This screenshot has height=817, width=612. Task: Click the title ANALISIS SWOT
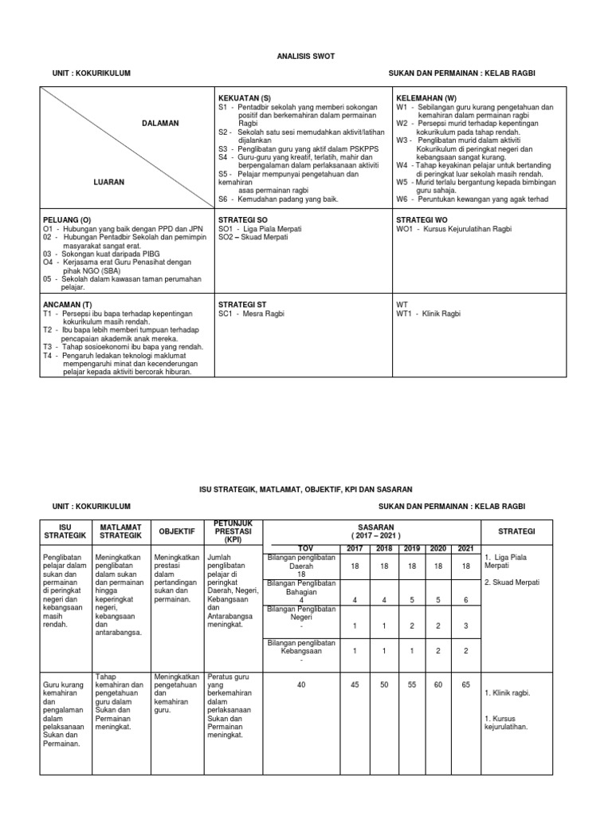(306, 57)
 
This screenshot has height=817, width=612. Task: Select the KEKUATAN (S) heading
(245, 97)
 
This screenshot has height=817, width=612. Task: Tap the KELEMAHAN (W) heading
(426, 97)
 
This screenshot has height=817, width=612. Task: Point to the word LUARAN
(108, 182)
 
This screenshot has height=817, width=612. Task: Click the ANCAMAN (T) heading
(68, 304)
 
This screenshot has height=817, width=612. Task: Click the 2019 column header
(411, 548)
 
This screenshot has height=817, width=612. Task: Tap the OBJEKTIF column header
(177, 531)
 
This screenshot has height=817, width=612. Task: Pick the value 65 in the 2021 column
(465, 684)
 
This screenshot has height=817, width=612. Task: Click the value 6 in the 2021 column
(465, 600)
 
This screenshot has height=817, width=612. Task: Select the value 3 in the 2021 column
(465, 626)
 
